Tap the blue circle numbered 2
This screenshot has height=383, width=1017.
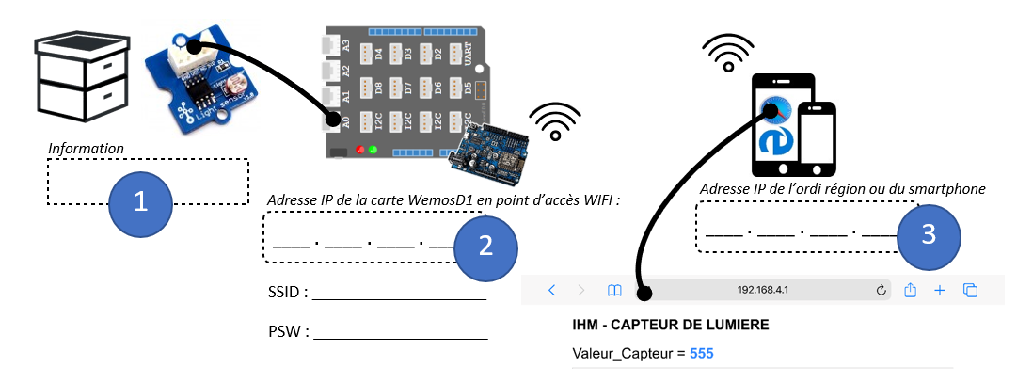click(485, 247)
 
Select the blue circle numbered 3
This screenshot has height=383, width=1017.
click(929, 234)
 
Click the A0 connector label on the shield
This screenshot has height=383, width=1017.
click(345, 122)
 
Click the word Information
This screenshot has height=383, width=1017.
click(86, 149)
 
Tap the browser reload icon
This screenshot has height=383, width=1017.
click(882, 290)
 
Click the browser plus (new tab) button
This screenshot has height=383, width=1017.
click(939, 290)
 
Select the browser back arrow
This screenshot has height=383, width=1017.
click(552, 290)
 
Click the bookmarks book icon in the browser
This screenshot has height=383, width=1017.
click(614, 290)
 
